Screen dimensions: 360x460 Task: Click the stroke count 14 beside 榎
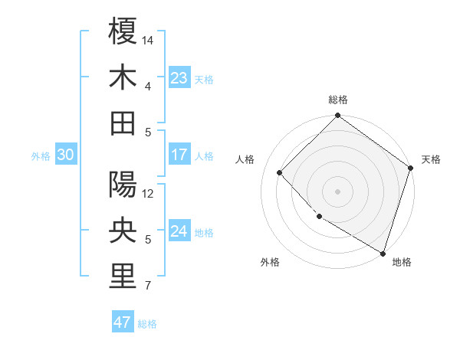point(149,40)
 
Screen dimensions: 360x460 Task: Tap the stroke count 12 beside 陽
point(149,193)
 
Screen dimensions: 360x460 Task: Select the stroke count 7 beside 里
point(148,286)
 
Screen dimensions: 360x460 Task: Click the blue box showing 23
point(179,78)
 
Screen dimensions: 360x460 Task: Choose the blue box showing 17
point(179,155)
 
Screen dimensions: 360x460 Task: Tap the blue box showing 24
point(179,231)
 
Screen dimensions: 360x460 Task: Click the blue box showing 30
point(65,155)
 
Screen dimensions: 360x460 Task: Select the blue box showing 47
point(122,322)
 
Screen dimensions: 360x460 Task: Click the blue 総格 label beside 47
point(147,324)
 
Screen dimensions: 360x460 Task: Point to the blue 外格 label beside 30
point(41,156)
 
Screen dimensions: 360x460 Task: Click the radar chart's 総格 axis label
point(337,100)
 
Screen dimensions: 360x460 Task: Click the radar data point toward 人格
point(280,172)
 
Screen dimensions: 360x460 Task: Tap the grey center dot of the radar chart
point(337,191)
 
